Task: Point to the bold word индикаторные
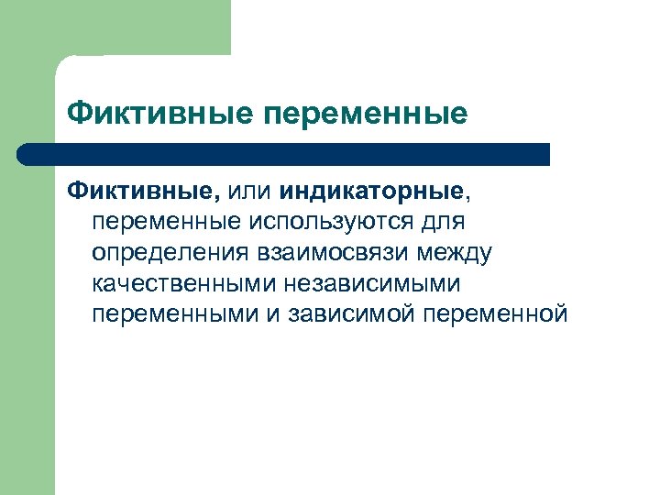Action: pos(374,192)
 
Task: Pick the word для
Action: pos(445,222)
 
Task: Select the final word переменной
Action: pos(497,314)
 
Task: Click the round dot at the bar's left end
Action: pos(28,154)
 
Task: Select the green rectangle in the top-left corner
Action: pos(137,27)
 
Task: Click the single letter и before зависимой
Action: pos(278,314)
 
